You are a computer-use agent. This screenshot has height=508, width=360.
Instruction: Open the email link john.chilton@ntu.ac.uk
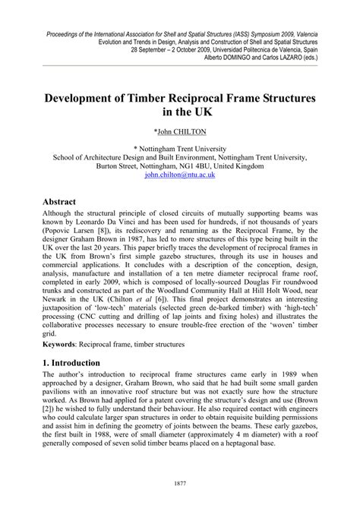coord(180,174)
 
